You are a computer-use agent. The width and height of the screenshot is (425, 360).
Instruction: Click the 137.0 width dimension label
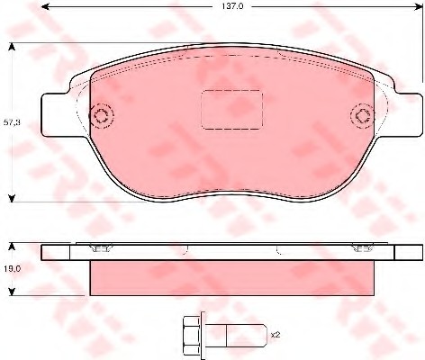click(231, 6)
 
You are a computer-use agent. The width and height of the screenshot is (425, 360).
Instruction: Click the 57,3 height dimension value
click(12, 122)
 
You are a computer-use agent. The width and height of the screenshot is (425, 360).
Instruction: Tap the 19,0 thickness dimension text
click(12, 269)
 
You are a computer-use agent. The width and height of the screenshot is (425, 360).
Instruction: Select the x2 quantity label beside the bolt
click(276, 335)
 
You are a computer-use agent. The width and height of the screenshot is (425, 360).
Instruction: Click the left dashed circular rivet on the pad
click(101, 116)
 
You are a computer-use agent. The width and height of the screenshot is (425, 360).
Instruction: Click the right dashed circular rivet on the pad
click(362, 116)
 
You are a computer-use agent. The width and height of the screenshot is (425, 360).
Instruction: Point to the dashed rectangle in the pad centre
click(231, 110)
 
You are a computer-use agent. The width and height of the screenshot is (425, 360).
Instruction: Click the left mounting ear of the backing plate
click(56, 114)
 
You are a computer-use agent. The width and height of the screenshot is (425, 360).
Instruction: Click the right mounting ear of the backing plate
click(409, 114)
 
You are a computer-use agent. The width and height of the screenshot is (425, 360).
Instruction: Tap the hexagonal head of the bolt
click(191, 335)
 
